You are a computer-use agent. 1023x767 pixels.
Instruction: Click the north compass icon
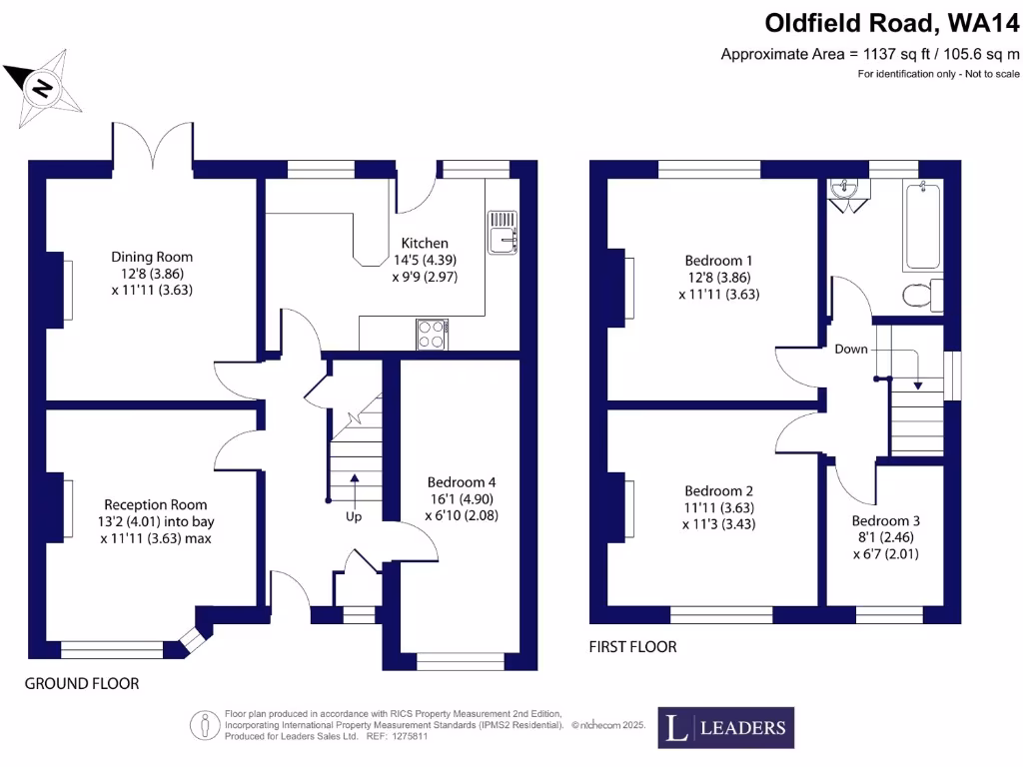pos(42,87)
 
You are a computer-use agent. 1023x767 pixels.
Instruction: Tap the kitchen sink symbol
pos(502,231)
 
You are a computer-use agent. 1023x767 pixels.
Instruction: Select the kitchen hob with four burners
pos(432,334)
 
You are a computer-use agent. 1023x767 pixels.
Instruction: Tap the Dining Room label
pos(152,257)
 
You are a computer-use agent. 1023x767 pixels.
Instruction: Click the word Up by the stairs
pos(354,516)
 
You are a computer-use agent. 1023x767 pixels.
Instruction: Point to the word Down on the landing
pos(851,349)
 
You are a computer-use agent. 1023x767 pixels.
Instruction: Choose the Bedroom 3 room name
pos(886,520)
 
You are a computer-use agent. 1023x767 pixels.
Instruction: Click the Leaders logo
pos(726,728)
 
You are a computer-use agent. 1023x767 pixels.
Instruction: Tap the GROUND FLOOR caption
pos(82,684)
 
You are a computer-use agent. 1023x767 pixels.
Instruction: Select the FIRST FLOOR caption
pos(632,647)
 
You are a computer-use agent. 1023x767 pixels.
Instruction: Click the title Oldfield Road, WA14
pos(892,21)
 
